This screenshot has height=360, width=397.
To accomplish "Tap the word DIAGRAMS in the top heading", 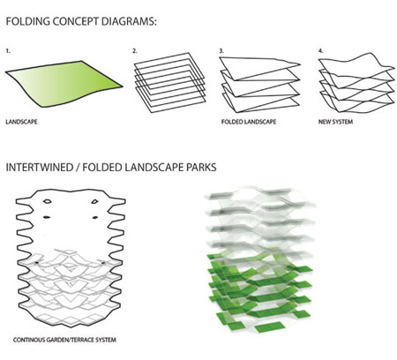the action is [129, 21].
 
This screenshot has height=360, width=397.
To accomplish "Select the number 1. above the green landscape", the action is [8, 51].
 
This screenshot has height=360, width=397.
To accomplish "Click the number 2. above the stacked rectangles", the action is [135, 51].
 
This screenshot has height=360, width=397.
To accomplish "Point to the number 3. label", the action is [221, 51].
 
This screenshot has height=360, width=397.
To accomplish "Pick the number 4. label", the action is [320, 51].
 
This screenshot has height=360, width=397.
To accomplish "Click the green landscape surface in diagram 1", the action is [64, 84].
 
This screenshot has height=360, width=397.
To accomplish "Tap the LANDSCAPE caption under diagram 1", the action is [21, 122].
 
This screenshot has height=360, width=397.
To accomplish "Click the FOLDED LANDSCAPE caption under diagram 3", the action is [249, 122].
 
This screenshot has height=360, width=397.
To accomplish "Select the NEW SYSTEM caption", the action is [335, 122].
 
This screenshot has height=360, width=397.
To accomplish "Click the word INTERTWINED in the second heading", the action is [39, 168].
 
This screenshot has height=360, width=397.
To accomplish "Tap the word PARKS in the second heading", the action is [201, 168].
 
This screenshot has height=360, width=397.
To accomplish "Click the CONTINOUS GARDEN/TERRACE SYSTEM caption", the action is [64, 340].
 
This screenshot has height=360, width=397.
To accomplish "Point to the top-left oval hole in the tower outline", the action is [47, 201].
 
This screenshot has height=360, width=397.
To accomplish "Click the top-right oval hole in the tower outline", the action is [94, 201].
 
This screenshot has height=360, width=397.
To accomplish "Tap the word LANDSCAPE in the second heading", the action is [154, 168].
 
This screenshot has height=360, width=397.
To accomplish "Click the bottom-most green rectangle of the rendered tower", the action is [270, 326].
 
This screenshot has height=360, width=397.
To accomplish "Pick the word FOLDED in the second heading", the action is [102, 168].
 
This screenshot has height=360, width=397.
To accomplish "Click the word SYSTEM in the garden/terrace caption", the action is [105, 340].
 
